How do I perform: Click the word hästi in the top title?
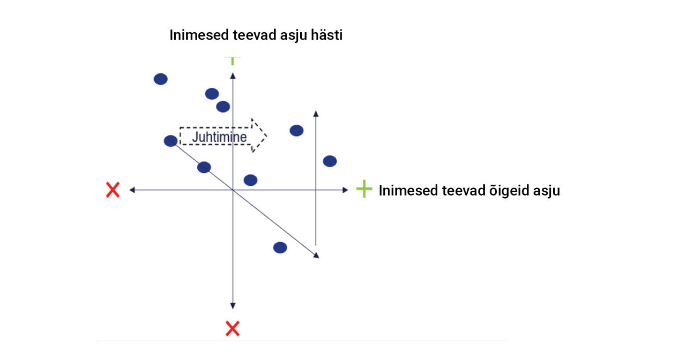pos(326,35)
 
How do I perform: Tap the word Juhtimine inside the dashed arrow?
pos(219,137)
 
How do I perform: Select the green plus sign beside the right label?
pos(364,189)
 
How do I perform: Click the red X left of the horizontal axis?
pos(113,190)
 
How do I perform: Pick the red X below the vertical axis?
pos(233,329)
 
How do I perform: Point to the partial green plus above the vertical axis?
pos(233,61)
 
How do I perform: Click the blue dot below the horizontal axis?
pos(280,247)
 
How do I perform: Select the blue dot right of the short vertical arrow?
pos(330,161)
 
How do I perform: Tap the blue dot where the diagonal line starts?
pos(170,141)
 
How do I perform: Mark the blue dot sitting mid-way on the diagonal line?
pos(204,167)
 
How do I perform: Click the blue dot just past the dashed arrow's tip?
pos(296,131)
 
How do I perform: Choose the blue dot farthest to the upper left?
pos(160,79)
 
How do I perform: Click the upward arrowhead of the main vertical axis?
pos(233,76)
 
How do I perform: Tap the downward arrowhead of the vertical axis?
pos(233,306)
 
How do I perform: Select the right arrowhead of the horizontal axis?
pos(345,190)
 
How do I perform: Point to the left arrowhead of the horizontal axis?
pos(132,190)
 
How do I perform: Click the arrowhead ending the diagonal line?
pos(317,256)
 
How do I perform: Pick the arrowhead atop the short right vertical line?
pos(316,114)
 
